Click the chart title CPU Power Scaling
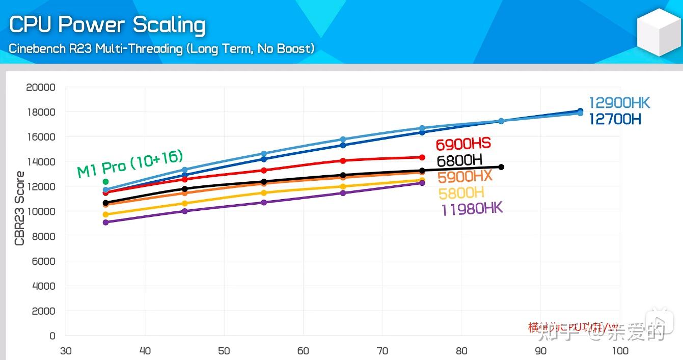coord(107,25)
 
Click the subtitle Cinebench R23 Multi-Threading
coord(161,49)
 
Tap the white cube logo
coord(659,33)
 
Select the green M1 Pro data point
coord(105,182)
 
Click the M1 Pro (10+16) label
coord(130,164)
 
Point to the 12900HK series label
coord(619,103)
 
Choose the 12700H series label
coord(615,119)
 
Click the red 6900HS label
coord(463,144)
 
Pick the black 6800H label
coord(459,161)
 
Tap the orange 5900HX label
coord(465,177)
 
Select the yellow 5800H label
coord(461,192)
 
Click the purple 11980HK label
coord(472,209)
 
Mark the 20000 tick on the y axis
coord(41,88)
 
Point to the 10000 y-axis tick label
coord(41,212)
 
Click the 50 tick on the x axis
coord(224,351)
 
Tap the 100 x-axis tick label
coord(620,351)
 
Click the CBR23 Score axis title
coord(19,209)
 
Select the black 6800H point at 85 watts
coord(501,167)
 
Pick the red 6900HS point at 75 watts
coord(422,158)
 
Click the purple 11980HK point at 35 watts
coord(105,223)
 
